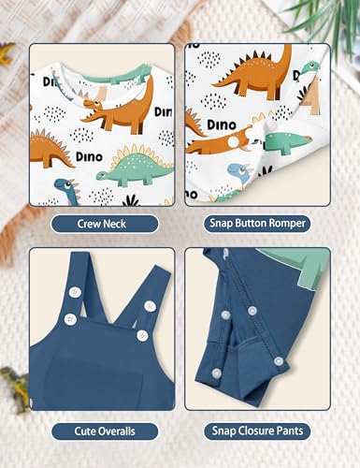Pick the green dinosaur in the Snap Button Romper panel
click(285, 142)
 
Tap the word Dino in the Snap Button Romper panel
click(222, 123)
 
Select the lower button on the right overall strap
click(142, 335)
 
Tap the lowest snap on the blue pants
click(217, 373)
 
